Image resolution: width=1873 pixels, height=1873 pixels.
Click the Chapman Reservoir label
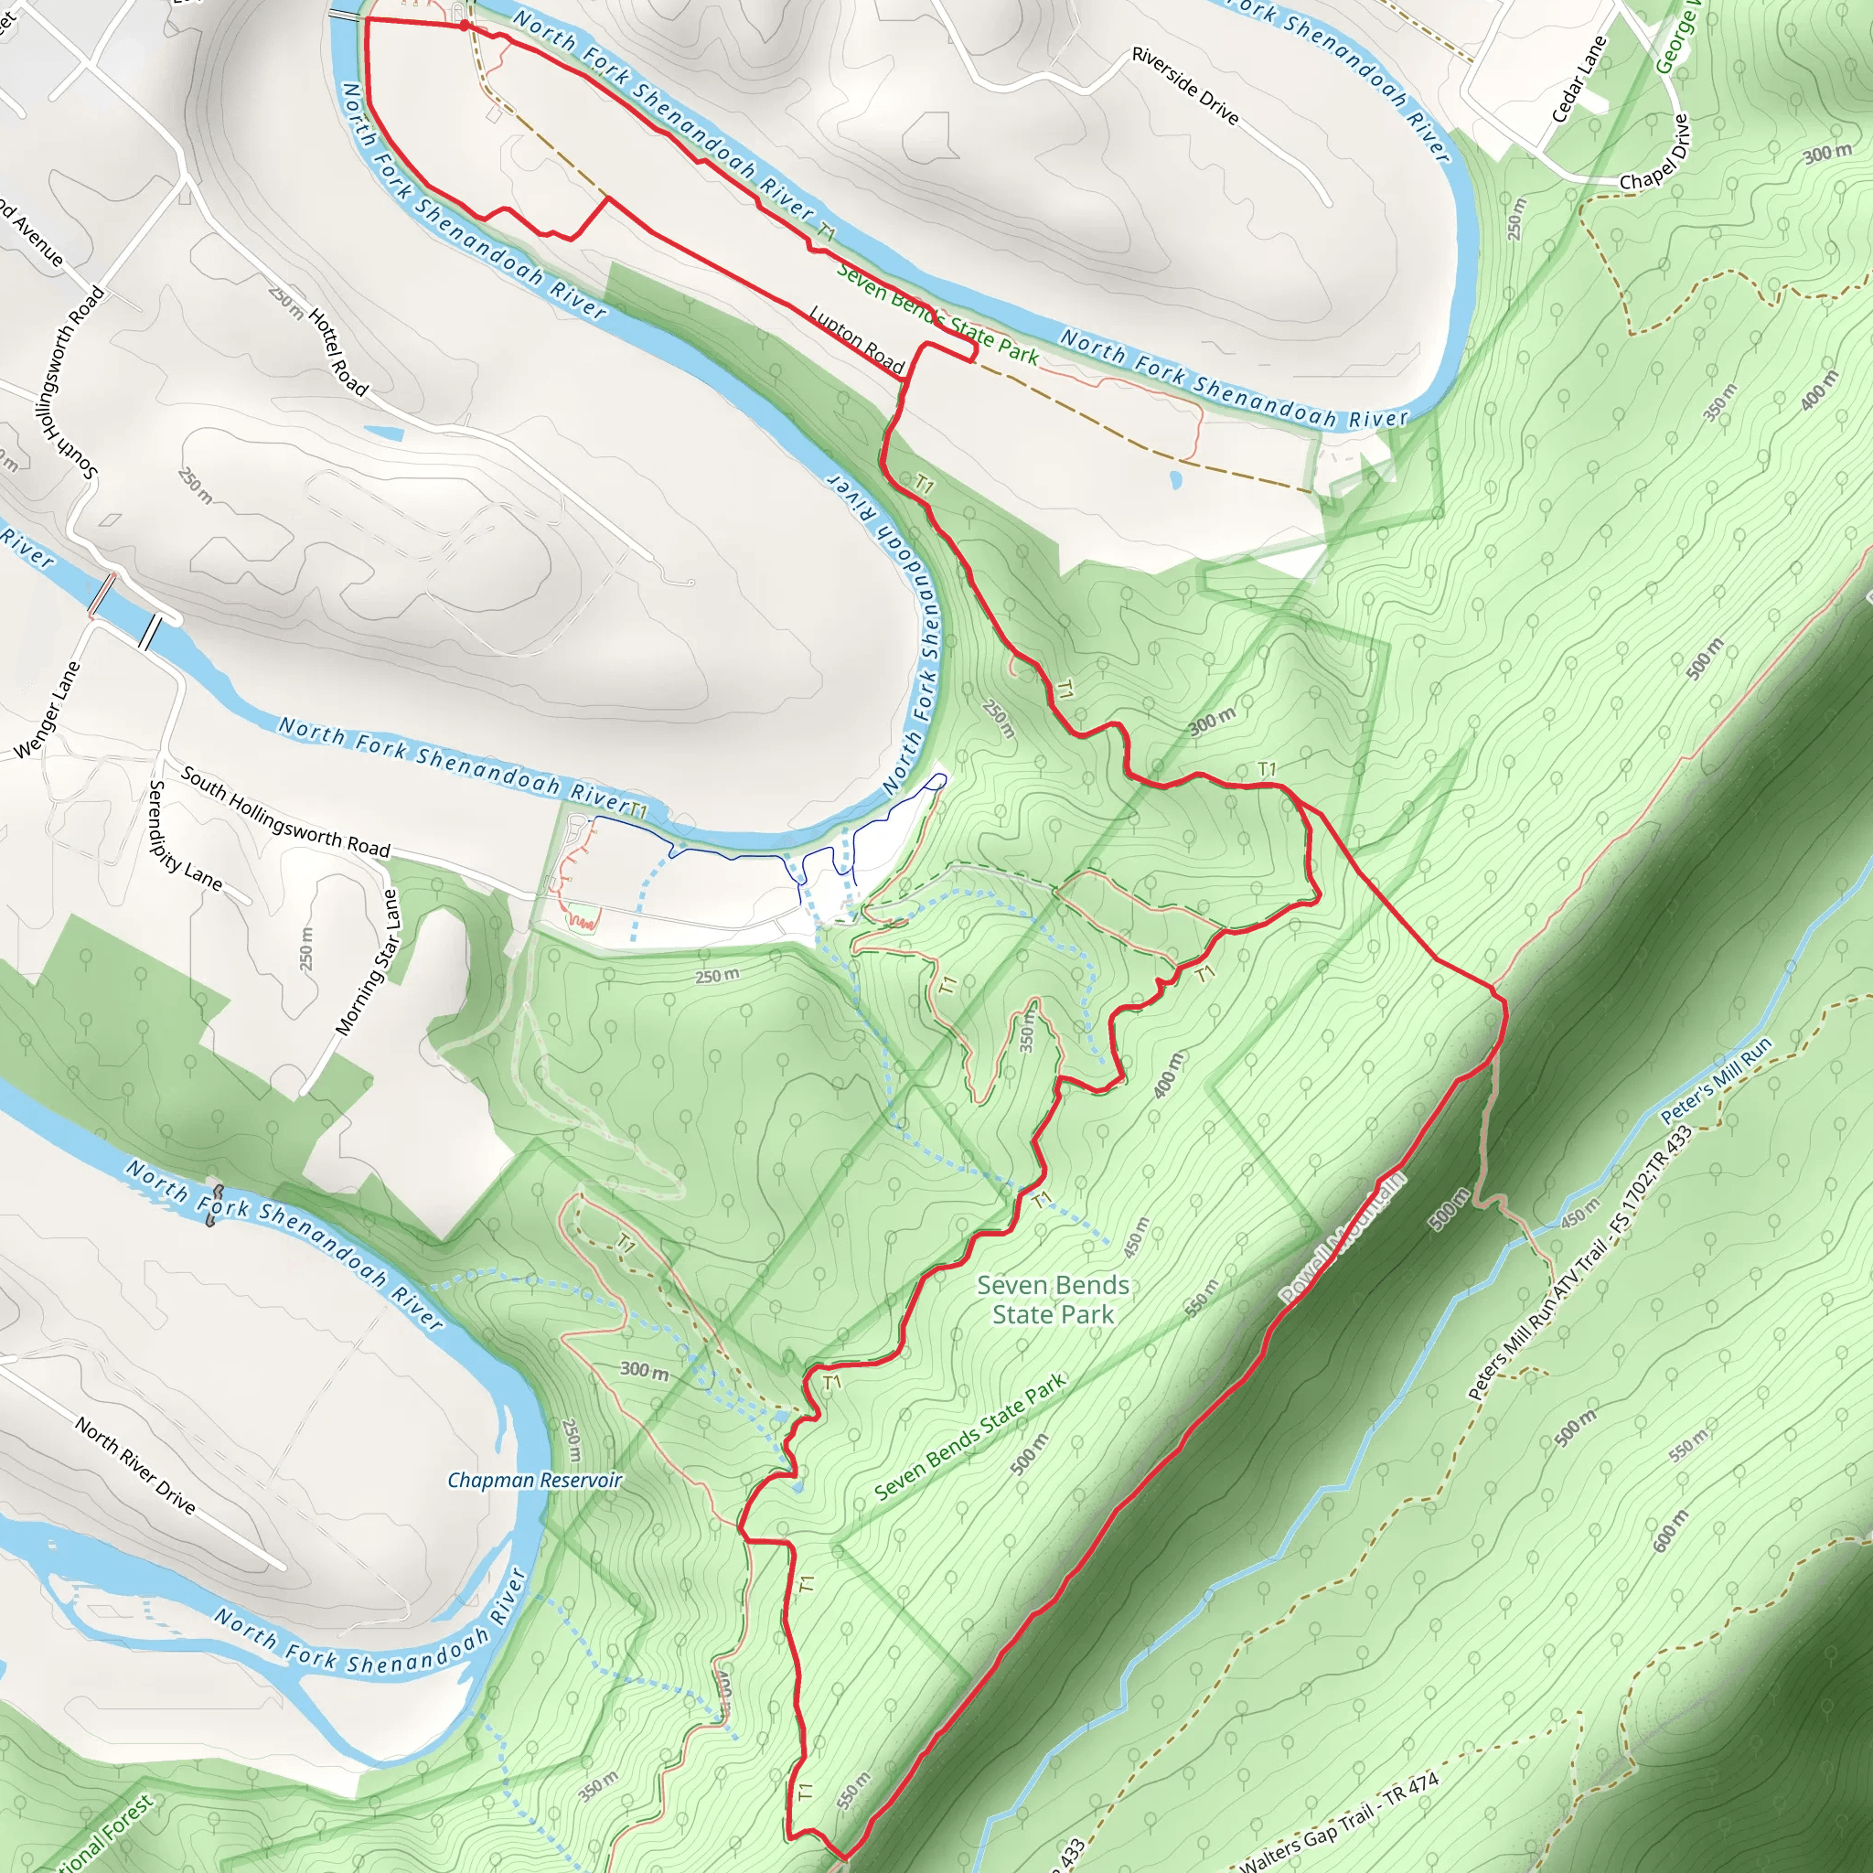click(x=534, y=1480)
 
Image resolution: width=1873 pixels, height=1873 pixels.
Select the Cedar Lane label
click(x=1579, y=80)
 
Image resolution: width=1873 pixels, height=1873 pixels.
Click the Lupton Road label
click(x=856, y=340)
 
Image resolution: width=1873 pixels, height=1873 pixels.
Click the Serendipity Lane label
click(x=183, y=836)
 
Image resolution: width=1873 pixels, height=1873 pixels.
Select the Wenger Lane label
click(x=47, y=711)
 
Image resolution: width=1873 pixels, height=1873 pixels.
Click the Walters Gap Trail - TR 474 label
click(x=1339, y=1824)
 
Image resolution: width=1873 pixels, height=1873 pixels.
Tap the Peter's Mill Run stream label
click(x=1716, y=1081)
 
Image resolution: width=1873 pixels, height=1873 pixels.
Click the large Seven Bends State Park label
click(x=1053, y=1300)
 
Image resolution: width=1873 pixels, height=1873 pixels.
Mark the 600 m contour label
click(x=1670, y=1531)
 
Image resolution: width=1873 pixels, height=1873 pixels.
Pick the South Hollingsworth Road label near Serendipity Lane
click(x=285, y=812)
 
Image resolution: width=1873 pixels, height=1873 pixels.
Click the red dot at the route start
click(x=465, y=26)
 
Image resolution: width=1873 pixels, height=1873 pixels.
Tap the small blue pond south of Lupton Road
click(x=1176, y=479)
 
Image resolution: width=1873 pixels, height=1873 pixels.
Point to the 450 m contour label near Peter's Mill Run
click(x=1580, y=1213)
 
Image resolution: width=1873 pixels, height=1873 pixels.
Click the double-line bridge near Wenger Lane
click(x=149, y=633)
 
